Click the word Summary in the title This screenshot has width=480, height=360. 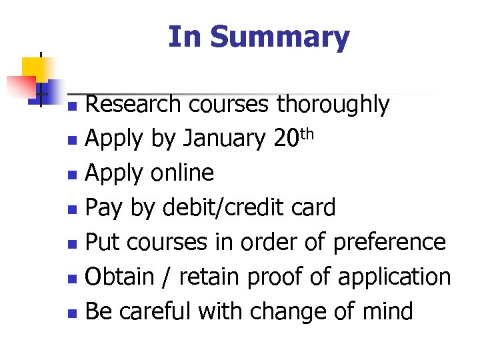coord(279,37)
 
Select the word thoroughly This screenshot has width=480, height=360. coord(333,105)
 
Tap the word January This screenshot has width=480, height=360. coord(224,139)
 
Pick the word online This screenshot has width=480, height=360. coord(182,173)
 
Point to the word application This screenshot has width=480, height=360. coord(395,277)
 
